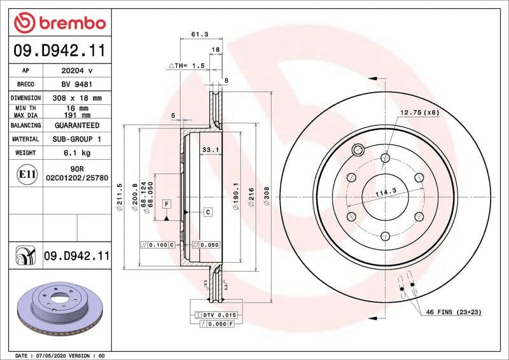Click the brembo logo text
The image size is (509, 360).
pyautogui.click(x=68, y=23)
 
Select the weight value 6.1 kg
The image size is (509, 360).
pyautogui.click(x=77, y=153)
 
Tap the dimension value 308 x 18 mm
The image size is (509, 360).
pyautogui.click(x=77, y=98)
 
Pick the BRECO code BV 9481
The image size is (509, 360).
pyautogui.click(x=77, y=84)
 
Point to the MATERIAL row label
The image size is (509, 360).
pyautogui.click(x=26, y=139)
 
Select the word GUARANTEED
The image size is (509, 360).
pyautogui.click(x=77, y=126)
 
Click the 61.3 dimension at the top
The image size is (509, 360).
pyautogui.click(x=200, y=35)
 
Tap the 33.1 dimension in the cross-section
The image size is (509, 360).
pyautogui.click(x=210, y=150)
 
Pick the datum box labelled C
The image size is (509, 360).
pyautogui.click(x=207, y=211)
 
